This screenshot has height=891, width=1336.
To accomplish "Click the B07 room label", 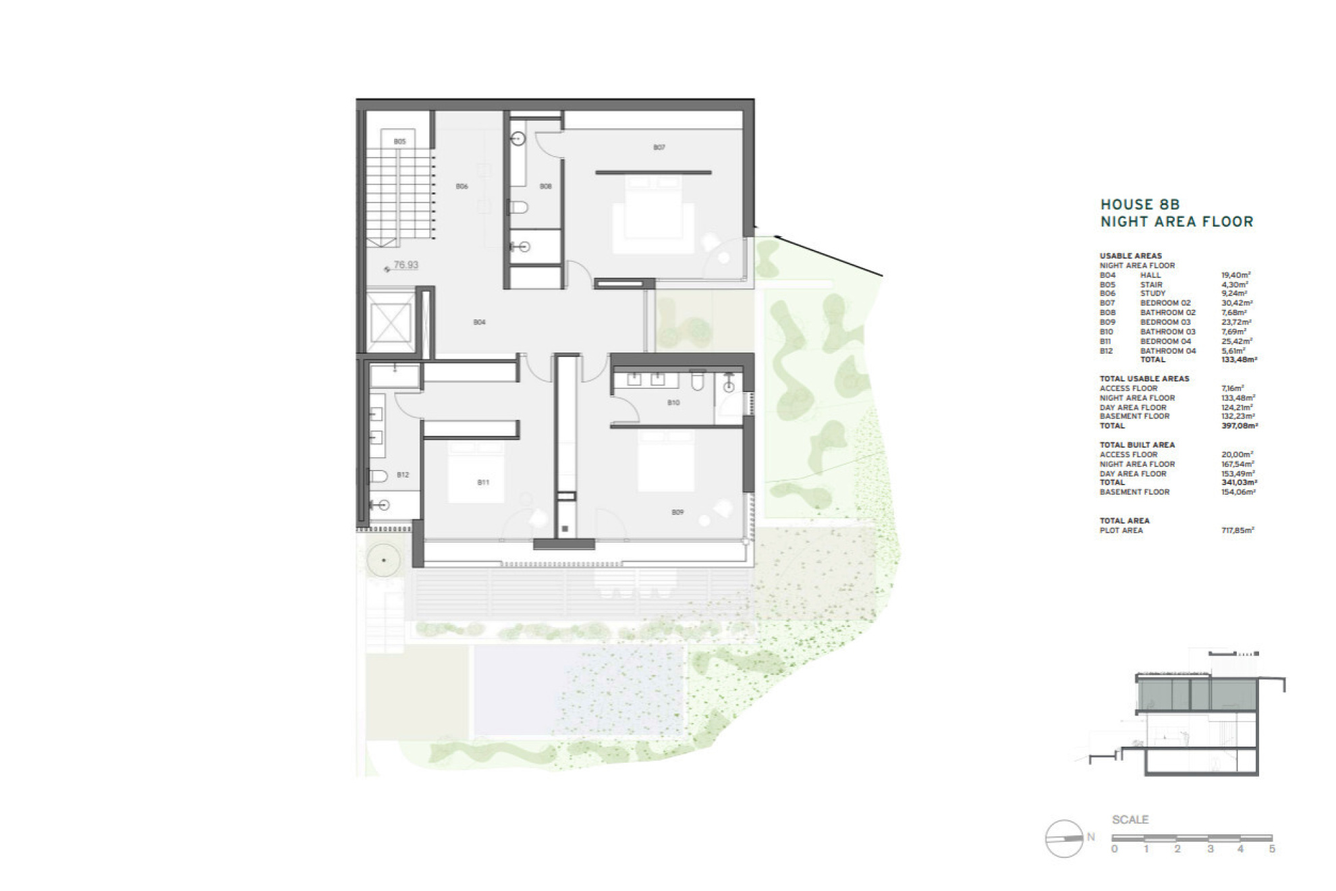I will tap(659, 147).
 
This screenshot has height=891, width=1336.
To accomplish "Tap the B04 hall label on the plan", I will tap(479, 323).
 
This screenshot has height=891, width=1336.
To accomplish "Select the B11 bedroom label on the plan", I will tap(483, 483).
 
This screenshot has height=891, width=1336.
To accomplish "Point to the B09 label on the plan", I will tap(677, 512).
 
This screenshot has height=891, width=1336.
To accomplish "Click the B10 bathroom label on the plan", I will tap(673, 403).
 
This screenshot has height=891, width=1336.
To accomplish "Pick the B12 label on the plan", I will tap(403, 475).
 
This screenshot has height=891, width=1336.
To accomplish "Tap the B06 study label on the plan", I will tap(462, 186).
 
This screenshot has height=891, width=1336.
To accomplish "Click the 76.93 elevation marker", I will tap(406, 265).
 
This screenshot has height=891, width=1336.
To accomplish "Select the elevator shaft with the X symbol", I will tap(389, 323).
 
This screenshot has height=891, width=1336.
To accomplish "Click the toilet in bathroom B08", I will tap(518, 207).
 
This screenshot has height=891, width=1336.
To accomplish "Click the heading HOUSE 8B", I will tap(1140, 205).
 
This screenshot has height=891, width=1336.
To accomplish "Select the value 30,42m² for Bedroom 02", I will tap(1234, 303).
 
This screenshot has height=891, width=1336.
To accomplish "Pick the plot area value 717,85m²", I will tap(1237, 531).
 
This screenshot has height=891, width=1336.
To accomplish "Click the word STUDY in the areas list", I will tap(1152, 294).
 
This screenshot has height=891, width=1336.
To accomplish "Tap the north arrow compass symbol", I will tap(1064, 838).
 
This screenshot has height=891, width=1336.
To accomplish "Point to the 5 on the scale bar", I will tap(1272, 849).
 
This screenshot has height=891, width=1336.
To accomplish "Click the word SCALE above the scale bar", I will tap(1130, 819).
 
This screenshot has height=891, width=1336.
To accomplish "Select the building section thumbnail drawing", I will tap(1188, 715).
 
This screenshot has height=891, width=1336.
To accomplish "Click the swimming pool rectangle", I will tap(579, 690).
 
